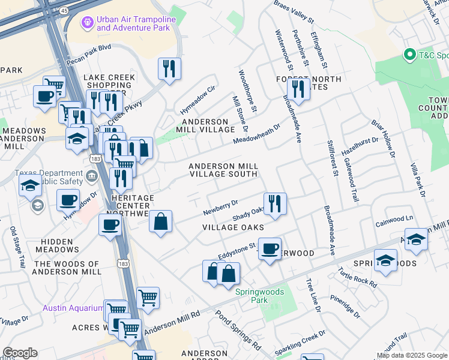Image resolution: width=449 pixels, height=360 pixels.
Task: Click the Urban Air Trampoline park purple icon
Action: tap(87, 23)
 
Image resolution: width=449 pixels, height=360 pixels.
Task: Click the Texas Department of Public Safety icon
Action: tap(91, 176)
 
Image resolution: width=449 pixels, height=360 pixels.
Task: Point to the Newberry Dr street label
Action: tap(220, 208)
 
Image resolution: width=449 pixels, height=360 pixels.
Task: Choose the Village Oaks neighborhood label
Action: tap(233, 227)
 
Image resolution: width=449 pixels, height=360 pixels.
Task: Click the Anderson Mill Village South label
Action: tap(223, 170)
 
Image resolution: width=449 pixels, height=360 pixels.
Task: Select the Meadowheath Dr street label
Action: tap(257, 135)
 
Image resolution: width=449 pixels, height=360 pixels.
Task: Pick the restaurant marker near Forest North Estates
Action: tap(298, 89)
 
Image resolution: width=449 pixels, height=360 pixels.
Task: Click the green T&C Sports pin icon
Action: tap(411, 55)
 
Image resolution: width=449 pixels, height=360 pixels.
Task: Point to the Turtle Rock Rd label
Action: tap(357, 275)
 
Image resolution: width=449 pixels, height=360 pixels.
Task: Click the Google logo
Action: tap(20, 353)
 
